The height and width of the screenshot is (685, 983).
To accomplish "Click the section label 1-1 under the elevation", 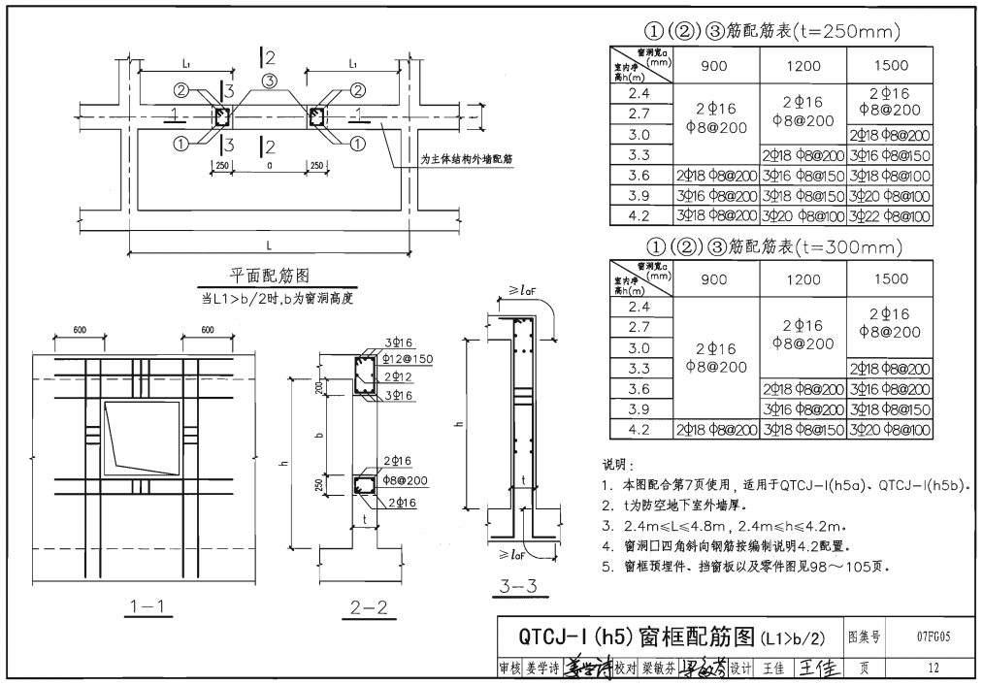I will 149,608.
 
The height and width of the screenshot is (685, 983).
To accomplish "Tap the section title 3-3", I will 519,585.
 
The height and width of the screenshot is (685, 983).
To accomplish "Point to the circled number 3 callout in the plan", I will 269,80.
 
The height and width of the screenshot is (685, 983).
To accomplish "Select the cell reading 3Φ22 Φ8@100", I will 890,215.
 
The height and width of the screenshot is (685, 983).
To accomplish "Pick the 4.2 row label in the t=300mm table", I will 639,429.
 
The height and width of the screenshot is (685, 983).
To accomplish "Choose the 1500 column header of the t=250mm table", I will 890,66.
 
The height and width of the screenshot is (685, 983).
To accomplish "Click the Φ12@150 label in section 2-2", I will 408,358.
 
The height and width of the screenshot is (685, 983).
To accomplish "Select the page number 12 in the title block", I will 933,669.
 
